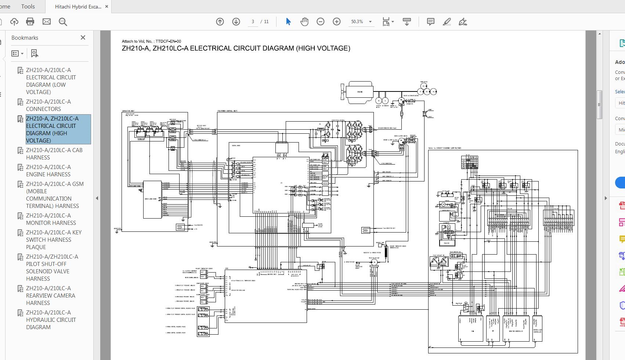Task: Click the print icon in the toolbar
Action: [x=30, y=22]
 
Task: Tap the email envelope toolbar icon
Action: [x=47, y=22]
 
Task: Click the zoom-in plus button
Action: [x=336, y=22]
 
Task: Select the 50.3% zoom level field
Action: [x=357, y=22]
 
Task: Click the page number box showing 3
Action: [x=253, y=22]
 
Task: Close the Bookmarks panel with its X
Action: [x=83, y=37]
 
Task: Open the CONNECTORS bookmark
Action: [x=48, y=105]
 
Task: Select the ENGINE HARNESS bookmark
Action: [x=48, y=170]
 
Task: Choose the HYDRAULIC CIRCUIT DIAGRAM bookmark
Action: [x=51, y=320]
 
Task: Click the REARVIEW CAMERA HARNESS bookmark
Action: [x=50, y=295]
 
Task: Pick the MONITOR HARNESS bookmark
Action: [x=51, y=219]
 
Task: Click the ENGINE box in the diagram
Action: [x=360, y=91]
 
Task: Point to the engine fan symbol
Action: [x=343, y=92]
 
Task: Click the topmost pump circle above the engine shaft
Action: [x=423, y=86]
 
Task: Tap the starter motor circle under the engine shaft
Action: [x=379, y=100]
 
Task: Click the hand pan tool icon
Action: [x=304, y=22]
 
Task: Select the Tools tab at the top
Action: [x=28, y=6]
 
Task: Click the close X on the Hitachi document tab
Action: [x=107, y=7]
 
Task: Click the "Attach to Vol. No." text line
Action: [x=151, y=41]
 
